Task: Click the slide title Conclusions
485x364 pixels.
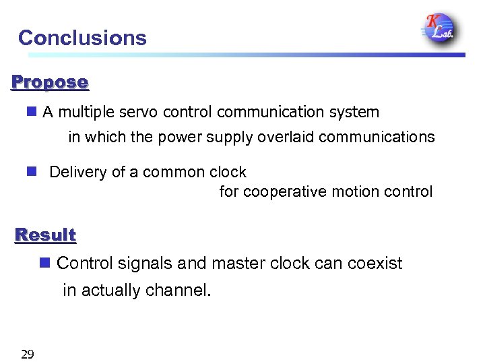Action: tap(82, 38)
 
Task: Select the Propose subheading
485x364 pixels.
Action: tap(50, 83)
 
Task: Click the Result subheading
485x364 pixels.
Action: tap(46, 235)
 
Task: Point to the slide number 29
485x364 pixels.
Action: tap(28, 355)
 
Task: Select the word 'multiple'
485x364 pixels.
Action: tap(92, 112)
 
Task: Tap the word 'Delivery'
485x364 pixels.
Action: tap(78, 172)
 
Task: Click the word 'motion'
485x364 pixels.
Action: tap(347, 191)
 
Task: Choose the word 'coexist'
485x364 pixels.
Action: tap(375, 263)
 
